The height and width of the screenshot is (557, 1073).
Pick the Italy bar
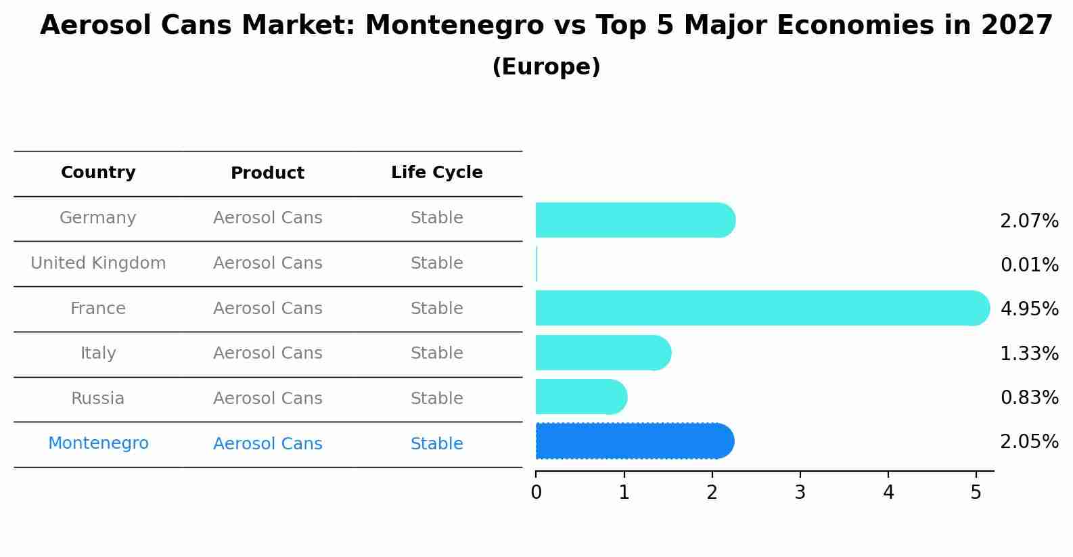(x=602, y=353)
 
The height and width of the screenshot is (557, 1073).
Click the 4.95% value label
(x=1029, y=309)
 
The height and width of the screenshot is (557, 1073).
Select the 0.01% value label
(x=1029, y=265)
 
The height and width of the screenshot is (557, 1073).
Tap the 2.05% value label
(x=1029, y=442)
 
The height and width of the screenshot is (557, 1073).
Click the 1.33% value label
(x=1029, y=353)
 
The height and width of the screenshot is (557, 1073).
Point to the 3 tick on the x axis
(x=800, y=493)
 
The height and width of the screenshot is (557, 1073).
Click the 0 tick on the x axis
(x=536, y=493)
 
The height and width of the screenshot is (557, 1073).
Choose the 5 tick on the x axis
(x=976, y=493)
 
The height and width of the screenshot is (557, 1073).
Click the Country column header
(x=98, y=173)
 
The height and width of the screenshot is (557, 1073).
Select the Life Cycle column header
(x=436, y=173)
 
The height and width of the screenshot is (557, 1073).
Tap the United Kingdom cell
(x=98, y=263)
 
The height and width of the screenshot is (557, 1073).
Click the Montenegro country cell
(x=98, y=443)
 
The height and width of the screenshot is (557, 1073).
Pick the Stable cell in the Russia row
(x=436, y=399)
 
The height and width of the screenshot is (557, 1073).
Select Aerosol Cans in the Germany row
(x=267, y=218)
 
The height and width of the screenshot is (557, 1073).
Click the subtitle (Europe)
(x=546, y=67)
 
